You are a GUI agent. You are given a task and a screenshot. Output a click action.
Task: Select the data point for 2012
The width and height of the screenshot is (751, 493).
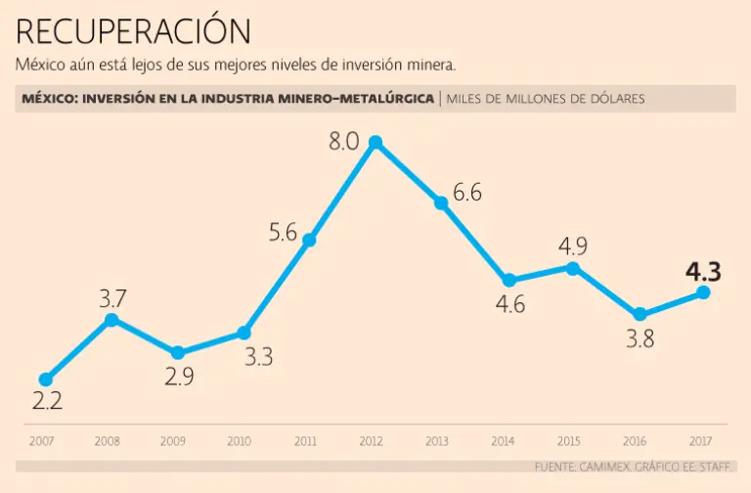coord(375,143)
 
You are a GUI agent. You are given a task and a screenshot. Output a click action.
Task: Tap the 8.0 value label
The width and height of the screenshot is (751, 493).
coord(344,141)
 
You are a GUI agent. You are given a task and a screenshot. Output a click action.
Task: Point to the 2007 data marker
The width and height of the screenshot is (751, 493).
coord(45,380)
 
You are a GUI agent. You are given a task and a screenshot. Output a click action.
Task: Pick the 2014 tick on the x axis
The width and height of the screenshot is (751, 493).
coord(504,441)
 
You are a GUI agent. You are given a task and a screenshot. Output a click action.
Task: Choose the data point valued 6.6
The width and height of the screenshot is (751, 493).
coord(441,202)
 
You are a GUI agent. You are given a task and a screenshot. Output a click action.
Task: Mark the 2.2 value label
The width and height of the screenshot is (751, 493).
coord(45,401)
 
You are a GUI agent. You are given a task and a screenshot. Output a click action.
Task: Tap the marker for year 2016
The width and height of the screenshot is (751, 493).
coord(640,314)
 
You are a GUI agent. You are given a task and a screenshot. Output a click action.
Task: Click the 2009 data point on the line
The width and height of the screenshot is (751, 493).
coord(177,353)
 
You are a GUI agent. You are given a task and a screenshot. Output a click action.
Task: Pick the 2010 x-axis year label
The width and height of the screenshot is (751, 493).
coord(240,441)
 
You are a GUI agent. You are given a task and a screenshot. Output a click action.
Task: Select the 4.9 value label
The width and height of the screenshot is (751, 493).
coord(572,246)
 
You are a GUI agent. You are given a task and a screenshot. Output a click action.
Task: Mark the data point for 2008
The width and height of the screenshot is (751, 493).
coord(111,320)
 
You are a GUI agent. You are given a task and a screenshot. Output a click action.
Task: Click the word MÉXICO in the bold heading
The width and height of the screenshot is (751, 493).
coord(48,99)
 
